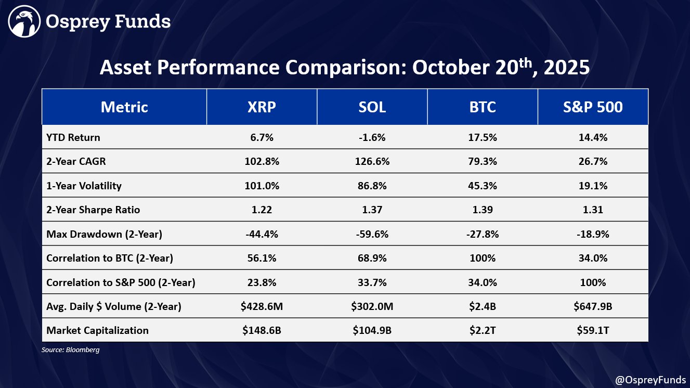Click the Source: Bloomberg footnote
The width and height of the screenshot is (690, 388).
tap(70, 350)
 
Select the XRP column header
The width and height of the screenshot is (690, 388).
tap(262, 107)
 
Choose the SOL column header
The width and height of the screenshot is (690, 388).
tap(372, 107)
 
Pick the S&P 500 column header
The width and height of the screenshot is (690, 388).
tap(593, 107)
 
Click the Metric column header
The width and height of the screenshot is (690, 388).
tap(124, 107)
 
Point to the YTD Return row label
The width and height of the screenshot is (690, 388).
tap(73, 137)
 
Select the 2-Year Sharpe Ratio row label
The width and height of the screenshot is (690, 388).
tap(93, 210)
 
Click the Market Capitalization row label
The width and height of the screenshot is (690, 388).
tap(97, 330)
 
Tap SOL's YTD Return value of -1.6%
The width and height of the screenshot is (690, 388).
tap(372, 137)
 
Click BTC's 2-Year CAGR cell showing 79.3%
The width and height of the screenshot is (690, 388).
tap(483, 161)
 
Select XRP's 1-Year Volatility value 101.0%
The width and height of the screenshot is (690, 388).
tap(262, 186)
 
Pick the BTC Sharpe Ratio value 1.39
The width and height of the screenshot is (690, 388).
tap(483, 210)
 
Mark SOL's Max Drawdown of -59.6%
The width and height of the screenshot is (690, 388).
tap(372, 234)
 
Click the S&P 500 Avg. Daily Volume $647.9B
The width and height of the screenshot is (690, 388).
tap(593, 306)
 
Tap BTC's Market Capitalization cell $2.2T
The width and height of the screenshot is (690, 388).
tap(483, 330)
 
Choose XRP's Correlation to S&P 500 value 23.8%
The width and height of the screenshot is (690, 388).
tap(262, 282)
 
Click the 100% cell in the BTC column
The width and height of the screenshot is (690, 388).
tap(483, 258)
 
